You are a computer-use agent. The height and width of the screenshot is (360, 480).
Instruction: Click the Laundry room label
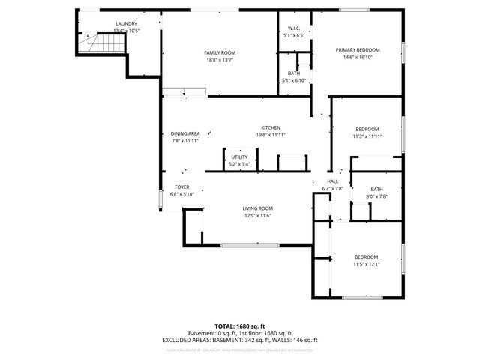126,23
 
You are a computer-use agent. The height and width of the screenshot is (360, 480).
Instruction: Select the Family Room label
220,52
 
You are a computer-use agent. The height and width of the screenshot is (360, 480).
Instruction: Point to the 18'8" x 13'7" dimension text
220,60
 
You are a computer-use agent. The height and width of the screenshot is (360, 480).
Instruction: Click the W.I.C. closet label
294,28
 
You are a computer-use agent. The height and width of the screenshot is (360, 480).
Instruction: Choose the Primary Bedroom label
358,49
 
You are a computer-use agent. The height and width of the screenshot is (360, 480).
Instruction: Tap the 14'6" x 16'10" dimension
358,57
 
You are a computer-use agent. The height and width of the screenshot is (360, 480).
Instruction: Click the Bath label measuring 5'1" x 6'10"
294,73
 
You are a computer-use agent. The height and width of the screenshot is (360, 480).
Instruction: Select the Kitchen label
271,127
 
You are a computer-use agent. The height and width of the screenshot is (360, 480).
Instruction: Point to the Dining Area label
184,133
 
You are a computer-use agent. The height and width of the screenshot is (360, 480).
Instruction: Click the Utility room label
239,157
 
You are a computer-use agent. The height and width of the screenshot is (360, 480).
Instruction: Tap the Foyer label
182,187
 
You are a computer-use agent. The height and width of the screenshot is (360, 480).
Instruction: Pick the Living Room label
257,208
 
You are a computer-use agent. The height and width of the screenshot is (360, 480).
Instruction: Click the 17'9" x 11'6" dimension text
257,216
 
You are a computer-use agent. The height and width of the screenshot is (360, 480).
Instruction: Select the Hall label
332,181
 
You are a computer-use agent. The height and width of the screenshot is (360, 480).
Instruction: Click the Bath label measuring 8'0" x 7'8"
376,189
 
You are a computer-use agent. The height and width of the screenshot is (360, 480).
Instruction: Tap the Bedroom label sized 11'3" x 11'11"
367,129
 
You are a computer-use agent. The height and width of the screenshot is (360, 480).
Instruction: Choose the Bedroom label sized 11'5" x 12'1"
367,256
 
